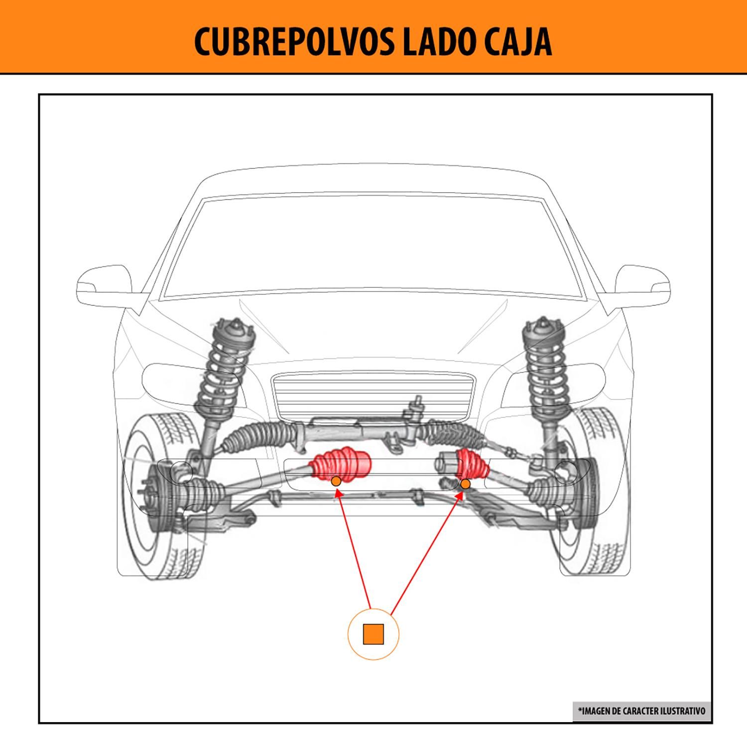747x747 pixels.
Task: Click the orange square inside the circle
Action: click(x=373, y=634)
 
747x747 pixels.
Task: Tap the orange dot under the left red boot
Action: click(x=336, y=481)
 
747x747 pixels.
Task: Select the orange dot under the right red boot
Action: click(x=465, y=484)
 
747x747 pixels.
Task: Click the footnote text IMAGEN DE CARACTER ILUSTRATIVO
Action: click(x=641, y=711)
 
